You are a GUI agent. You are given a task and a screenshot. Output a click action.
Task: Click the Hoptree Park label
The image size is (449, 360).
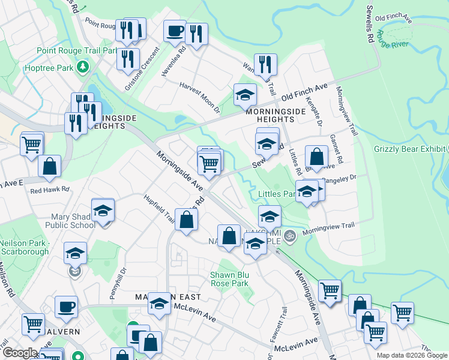pyautogui.click(x=49, y=68)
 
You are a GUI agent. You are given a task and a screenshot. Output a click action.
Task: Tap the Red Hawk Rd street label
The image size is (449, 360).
pyautogui.click(x=50, y=190)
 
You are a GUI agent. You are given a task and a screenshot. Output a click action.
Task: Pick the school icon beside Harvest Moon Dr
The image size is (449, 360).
pyautogui.click(x=245, y=94)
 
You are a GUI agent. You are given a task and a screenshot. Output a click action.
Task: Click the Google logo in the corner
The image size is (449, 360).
pyautogui.click(x=20, y=353)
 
